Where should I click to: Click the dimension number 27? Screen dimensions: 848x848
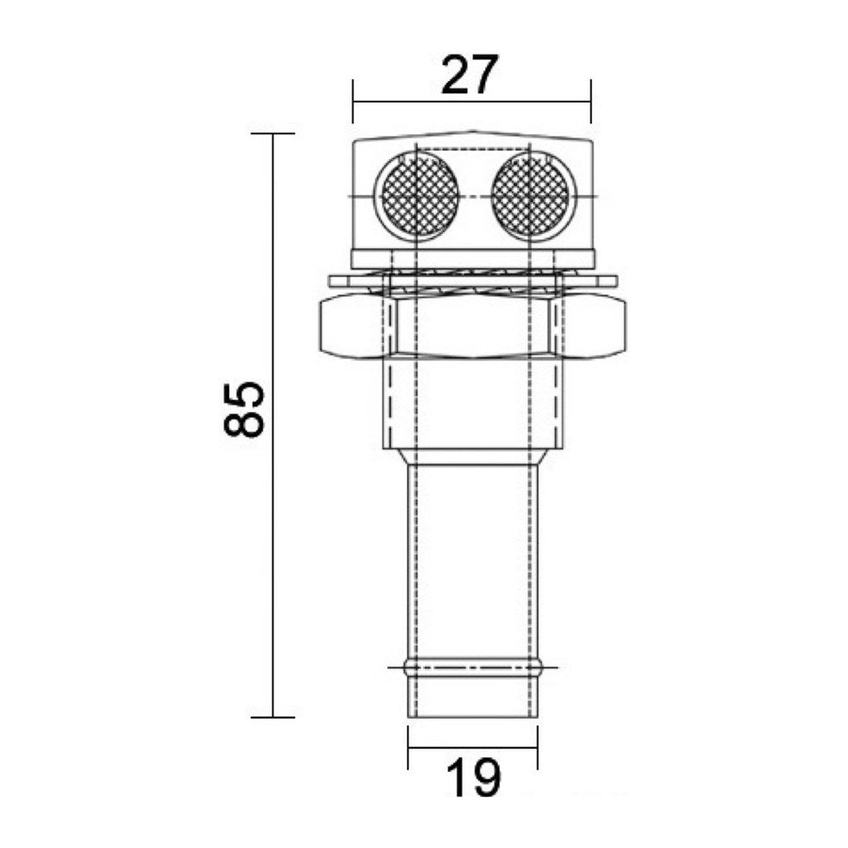pyautogui.click(x=468, y=75)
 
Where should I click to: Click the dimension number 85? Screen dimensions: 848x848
pyautogui.click(x=243, y=409)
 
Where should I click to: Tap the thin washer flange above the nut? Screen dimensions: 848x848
pyautogui.click(x=472, y=282)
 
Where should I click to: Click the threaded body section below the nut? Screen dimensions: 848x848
pyautogui.click(x=472, y=404)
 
